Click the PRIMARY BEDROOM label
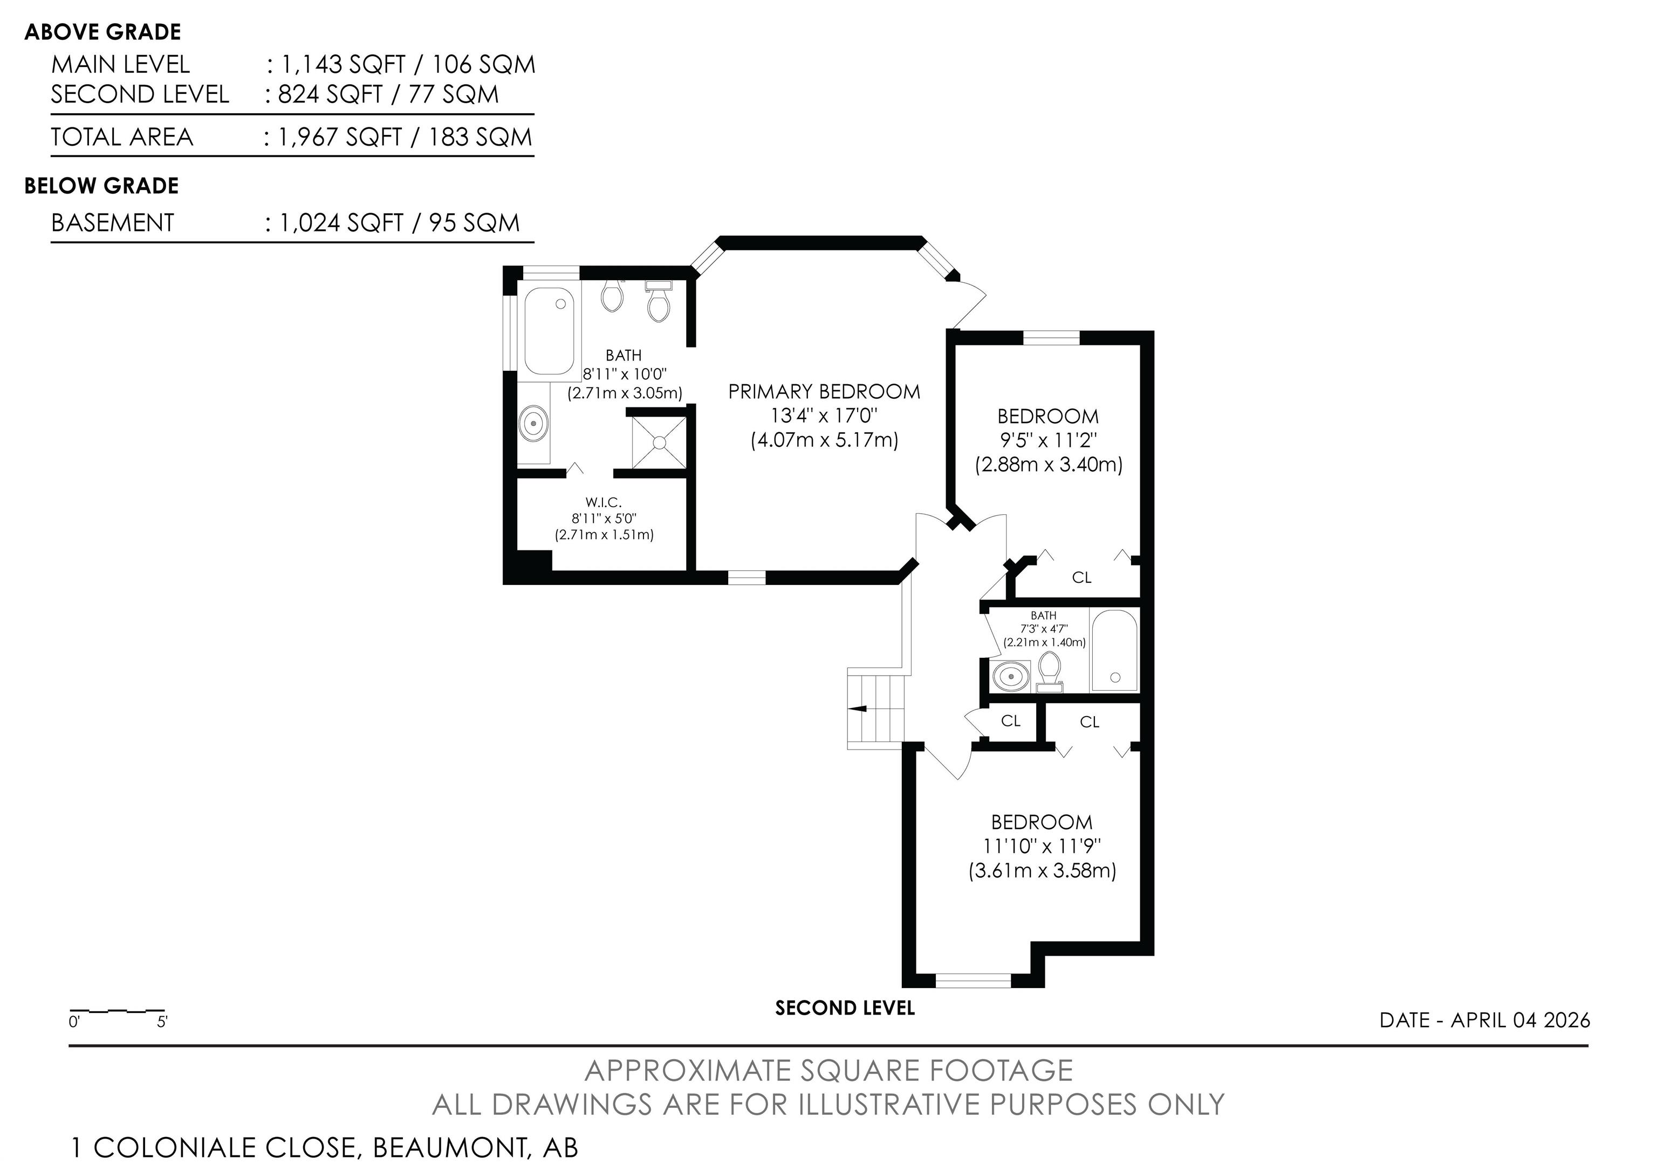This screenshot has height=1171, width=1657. click(x=824, y=392)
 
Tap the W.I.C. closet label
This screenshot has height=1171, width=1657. click(x=604, y=502)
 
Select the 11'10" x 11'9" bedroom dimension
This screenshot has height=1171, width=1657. click(x=1042, y=846)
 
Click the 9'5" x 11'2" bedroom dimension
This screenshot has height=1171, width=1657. click(x=1048, y=440)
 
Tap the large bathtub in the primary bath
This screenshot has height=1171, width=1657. click(x=549, y=331)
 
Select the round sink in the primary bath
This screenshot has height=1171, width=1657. click(x=534, y=425)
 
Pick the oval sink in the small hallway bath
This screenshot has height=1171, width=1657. click(x=1011, y=677)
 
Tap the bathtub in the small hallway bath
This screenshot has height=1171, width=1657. click(x=1114, y=650)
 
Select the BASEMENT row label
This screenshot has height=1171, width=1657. click(x=113, y=223)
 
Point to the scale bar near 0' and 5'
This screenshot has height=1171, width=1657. click(x=118, y=1011)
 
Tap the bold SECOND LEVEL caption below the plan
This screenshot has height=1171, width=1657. click(x=844, y=1009)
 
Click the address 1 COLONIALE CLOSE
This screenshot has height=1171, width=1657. click(x=214, y=1147)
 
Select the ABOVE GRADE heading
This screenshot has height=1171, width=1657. click(x=102, y=32)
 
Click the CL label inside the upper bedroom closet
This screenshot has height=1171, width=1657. click(x=1081, y=577)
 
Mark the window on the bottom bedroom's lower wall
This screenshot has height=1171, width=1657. click(x=974, y=981)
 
